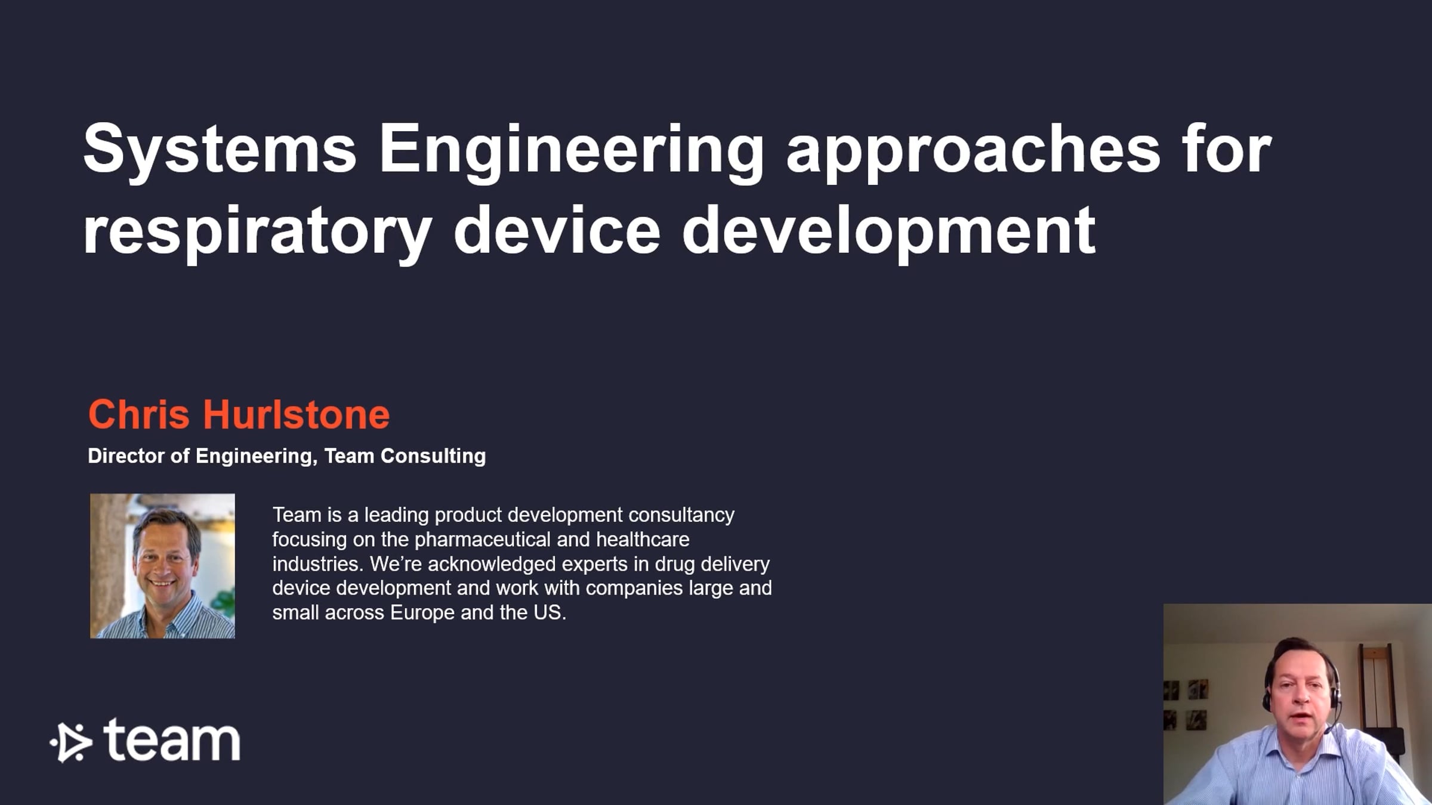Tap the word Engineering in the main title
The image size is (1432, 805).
point(571,151)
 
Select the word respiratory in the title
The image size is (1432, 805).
point(257,233)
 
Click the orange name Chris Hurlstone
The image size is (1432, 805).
point(239,414)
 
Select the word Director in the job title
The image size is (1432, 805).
point(126,456)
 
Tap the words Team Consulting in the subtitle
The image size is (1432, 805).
point(405,456)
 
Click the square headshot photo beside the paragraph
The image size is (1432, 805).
point(162,566)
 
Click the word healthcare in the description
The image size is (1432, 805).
point(643,539)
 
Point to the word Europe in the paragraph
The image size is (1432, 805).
point(422,613)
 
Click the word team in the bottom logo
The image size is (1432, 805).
point(172,740)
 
